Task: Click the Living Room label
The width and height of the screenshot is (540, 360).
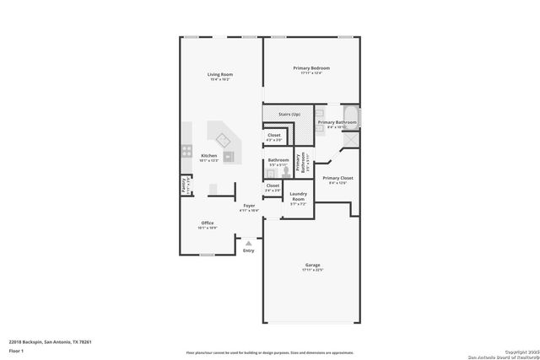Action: pyautogui.click(x=220, y=75)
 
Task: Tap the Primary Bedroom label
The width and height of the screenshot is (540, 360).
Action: pyautogui.click(x=311, y=67)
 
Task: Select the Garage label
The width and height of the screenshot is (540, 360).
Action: pyautogui.click(x=312, y=266)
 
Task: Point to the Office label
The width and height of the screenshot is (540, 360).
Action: pyautogui.click(x=207, y=223)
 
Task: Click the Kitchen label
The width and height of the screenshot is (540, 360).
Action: pyautogui.click(x=208, y=155)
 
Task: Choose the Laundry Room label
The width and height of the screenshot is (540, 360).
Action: pyautogui.click(x=297, y=196)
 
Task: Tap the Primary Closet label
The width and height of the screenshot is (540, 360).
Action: pyautogui.click(x=337, y=178)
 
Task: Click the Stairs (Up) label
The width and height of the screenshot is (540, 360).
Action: pyautogui.click(x=289, y=114)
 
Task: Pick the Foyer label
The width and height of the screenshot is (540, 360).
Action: pyautogui.click(x=249, y=206)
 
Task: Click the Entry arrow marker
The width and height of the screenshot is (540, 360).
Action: pyautogui.click(x=248, y=243)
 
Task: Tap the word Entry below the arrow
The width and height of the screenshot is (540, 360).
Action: pyautogui.click(x=248, y=250)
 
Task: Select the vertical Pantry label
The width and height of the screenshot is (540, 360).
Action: pyautogui.click(x=183, y=185)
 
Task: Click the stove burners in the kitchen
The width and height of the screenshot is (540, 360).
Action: pyautogui.click(x=186, y=153)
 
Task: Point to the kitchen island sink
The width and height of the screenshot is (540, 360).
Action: pyautogui.click(x=224, y=140)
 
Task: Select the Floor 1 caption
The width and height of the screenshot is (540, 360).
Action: pyautogui.click(x=17, y=349)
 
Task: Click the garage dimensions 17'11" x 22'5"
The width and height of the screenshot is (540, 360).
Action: pyautogui.click(x=312, y=271)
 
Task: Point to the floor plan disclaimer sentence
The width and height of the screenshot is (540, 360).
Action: pyautogui.click(x=270, y=352)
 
